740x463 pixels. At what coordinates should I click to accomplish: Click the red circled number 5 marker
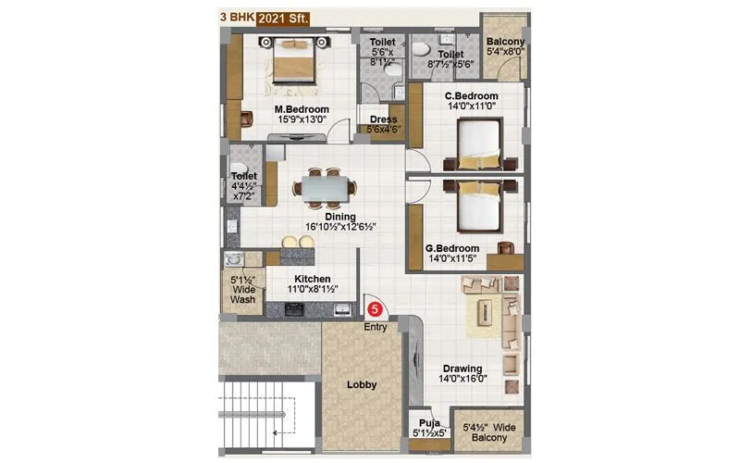click(x=376, y=310)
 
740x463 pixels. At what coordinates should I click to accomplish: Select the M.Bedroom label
click(x=299, y=106)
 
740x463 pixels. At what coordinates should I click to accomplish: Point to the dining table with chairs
click(x=323, y=188)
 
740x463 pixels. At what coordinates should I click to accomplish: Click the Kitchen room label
click(x=312, y=279)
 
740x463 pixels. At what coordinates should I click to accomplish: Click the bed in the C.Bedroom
click(x=484, y=148)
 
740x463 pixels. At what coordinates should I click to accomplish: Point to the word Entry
click(x=375, y=327)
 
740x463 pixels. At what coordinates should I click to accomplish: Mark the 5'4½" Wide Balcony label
click(x=487, y=432)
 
